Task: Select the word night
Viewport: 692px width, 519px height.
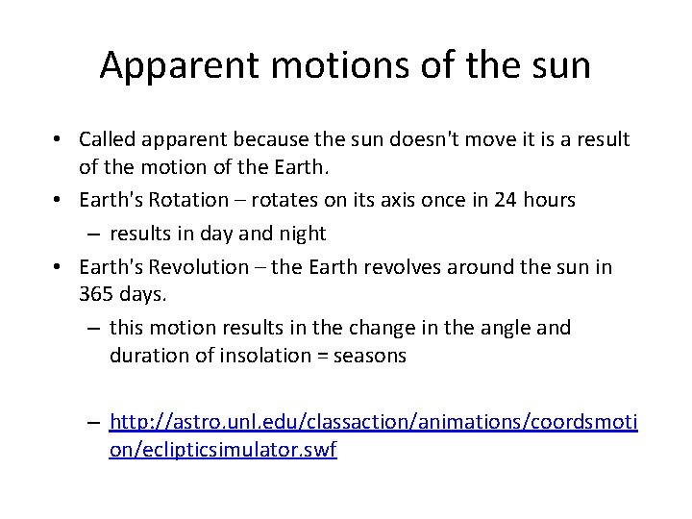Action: (301, 233)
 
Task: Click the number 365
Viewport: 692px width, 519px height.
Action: (96, 294)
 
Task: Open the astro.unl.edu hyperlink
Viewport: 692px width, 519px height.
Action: (373, 422)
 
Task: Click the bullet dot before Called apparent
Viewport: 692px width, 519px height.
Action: (59, 140)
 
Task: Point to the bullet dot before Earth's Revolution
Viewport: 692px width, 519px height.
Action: (59, 267)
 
